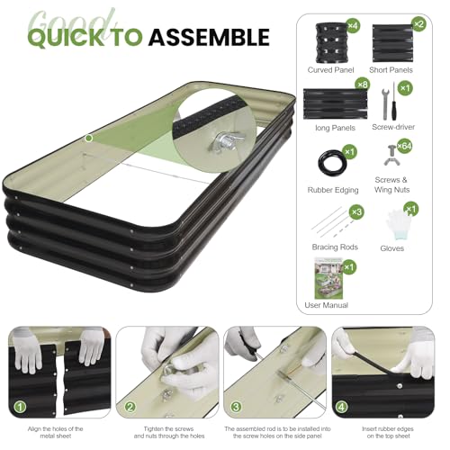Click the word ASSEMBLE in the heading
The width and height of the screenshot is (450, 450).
[209, 37]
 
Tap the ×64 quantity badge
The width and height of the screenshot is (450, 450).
[404, 146]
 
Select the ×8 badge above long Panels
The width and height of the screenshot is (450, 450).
[363, 85]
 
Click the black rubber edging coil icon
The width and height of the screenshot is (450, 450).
[332, 164]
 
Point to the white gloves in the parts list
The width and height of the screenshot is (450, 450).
[398, 224]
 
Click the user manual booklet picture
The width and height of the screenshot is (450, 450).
[328, 278]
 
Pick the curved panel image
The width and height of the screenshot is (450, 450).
[332, 43]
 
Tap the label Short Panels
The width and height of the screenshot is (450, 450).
[391, 70]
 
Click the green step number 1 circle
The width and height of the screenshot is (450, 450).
[21, 407]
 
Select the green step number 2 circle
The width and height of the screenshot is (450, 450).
[130, 407]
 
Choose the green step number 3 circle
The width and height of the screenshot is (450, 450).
[236, 407]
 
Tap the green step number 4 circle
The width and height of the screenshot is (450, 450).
[342, 407]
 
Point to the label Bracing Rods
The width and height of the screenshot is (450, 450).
[335, 247]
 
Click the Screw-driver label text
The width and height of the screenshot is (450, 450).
[393, 127]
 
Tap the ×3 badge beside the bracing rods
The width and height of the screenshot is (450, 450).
[356, 212]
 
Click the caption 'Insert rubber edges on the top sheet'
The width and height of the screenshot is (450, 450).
[388, 432]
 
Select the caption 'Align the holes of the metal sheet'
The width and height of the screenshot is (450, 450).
[56, 432]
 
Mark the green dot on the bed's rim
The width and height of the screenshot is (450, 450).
[89, 139]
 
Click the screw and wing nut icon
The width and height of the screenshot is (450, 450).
[391, 156]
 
